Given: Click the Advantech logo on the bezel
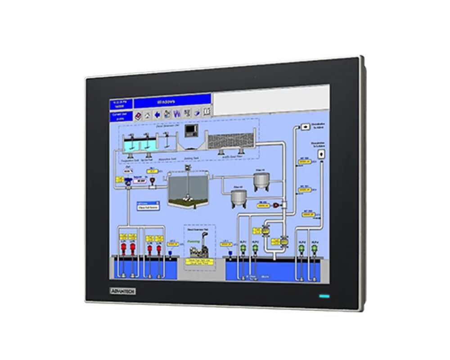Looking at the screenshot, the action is tap(123, 291).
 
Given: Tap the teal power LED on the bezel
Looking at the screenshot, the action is tap(324, 297).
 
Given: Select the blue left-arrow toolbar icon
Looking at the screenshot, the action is tap(157, 114).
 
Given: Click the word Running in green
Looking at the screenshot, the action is tap(193, 241).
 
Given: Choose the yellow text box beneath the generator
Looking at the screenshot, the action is tap(199, 261).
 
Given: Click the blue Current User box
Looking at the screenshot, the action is tap(121, 117).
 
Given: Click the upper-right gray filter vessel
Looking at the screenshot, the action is tap(261, 180).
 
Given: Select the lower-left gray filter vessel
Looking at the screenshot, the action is tap(238, 197).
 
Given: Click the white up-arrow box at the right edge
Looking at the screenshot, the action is tap(321, 154).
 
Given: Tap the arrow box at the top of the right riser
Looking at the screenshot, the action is tap(306, 127).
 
